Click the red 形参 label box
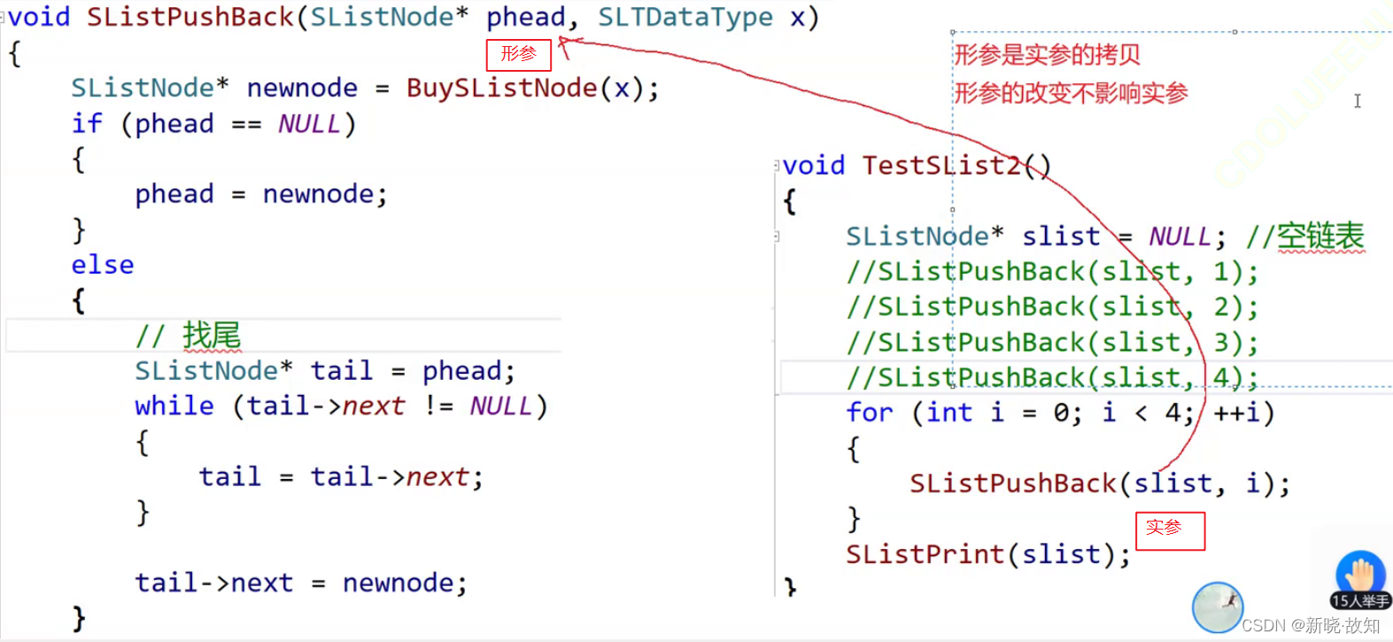click(x=518, y=55)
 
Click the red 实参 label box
click(x=1170, y=530)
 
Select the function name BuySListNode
click(x=501, y=89)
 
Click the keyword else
click(x=103, y=265)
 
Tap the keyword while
click(x=174, y=406)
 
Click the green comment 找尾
click(x=211, y=336)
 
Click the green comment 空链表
click(x=1319, y=236)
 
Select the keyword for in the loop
click(x=869, y=413)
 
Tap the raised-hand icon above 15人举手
click(x=1360, y=573)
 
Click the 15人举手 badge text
click(x=1360, y=601)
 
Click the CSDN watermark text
click(x=1311, y=625)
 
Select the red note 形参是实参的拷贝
click(x=1047, y=55)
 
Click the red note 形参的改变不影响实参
click(x=1071, y=93)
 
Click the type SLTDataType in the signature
click(x=685, y=17)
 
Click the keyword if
click(x=87, y=124)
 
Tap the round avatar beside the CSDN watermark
click(x=1218, y=607)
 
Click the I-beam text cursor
click(x=1358, y=101)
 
